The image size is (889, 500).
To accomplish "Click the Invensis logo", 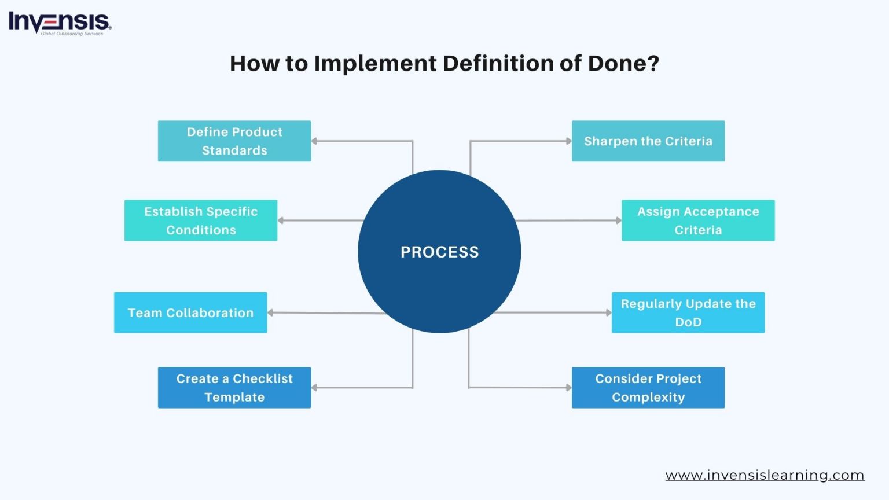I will tap(59, 23).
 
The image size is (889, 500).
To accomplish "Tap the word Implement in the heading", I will tap(375, 63).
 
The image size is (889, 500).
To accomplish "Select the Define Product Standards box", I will tap(234, 141).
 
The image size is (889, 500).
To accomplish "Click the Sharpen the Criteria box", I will tap(648, 141).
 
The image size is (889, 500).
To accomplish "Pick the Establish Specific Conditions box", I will tap(201, 220).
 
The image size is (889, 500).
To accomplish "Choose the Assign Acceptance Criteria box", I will tap(697, 220).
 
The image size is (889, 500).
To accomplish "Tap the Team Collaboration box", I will tap(190, 312).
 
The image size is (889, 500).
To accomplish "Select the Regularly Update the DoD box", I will tap(688, 312).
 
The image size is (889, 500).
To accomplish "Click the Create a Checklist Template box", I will tap(234, 388).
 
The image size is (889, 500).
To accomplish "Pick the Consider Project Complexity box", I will tap(648, 388).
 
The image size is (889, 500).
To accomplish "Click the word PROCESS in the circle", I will tap(439, 252).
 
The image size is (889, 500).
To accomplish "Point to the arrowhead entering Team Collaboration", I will tap(270, 312).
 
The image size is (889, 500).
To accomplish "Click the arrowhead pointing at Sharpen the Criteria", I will tap(568, 141).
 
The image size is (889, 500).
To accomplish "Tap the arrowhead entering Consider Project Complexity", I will tap(568, 388).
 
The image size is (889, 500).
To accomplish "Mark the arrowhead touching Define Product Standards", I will tap(314, 141).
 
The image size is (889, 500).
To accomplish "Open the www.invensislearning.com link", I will tap(765, 475).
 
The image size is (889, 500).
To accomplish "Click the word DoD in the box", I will tap(688, 322).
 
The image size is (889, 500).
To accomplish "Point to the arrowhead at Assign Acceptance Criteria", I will tap(618, 220).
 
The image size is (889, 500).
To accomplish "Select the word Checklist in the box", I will tap(263, 378).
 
